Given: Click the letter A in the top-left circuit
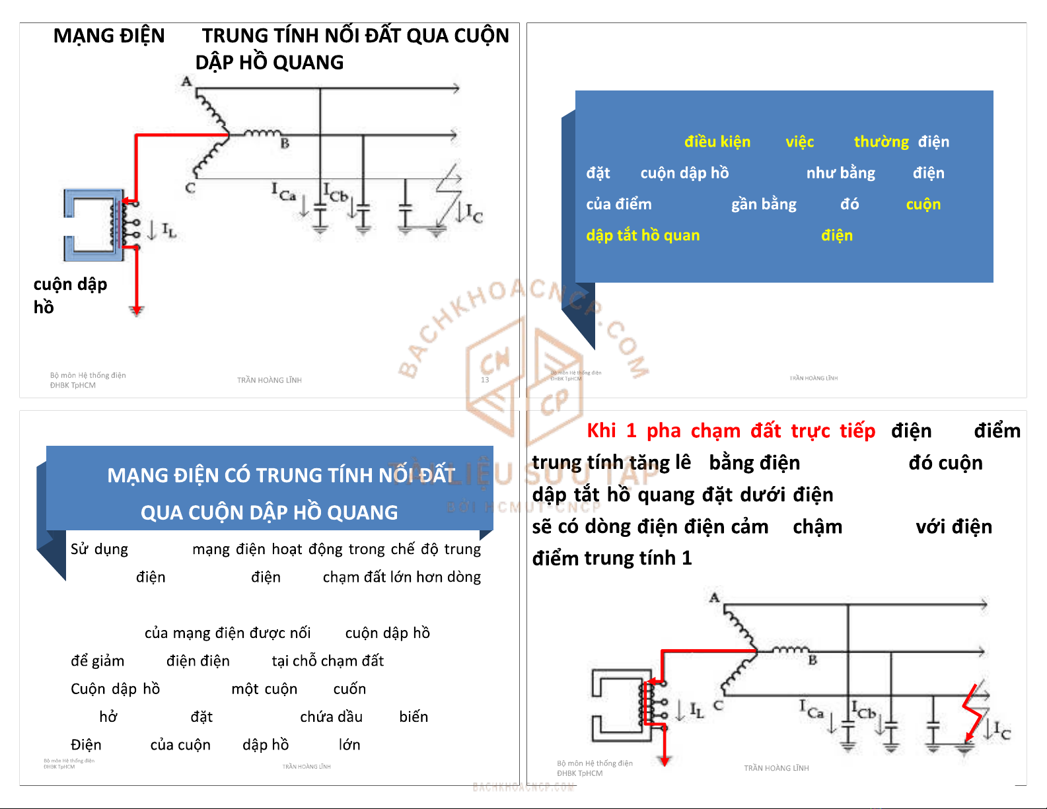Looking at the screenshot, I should click(x=186, y=82).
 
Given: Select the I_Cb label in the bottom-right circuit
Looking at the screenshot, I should click(x=863, y=711).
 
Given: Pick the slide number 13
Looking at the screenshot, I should click(x=485, y=380).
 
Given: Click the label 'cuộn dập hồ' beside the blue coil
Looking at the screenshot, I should click(x=70, y=295).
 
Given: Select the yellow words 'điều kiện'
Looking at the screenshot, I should click(x=717, y=142).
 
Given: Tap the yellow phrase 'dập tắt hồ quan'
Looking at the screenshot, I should click(x=642, y=236).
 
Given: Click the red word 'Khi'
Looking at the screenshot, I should click(x=601, y=431).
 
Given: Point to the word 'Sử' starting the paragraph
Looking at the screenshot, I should click(x=79, y=549).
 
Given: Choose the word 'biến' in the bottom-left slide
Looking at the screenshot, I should click(x=414, y=717).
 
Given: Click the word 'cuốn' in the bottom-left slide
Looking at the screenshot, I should click(x=349, y=689).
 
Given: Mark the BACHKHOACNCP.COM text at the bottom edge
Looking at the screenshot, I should click(x=523, y=787).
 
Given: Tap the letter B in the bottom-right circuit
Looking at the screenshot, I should click(x=812, y=660).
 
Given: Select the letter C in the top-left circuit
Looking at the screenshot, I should click(x=190, y=188).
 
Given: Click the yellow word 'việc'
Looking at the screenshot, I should click(x=799, y=142).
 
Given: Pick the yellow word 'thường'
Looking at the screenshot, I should click(x=881, y=142).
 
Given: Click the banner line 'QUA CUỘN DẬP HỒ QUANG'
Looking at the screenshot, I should click(x=269, y=512).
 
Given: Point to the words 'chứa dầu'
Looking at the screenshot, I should click(x=331, y=717).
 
